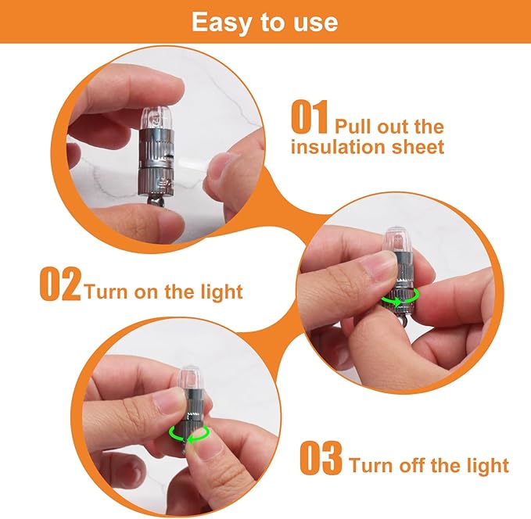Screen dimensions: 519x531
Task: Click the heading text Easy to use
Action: [264, 21]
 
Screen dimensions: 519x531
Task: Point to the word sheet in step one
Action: [418, 147]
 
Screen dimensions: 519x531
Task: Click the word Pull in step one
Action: [353, 127]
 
